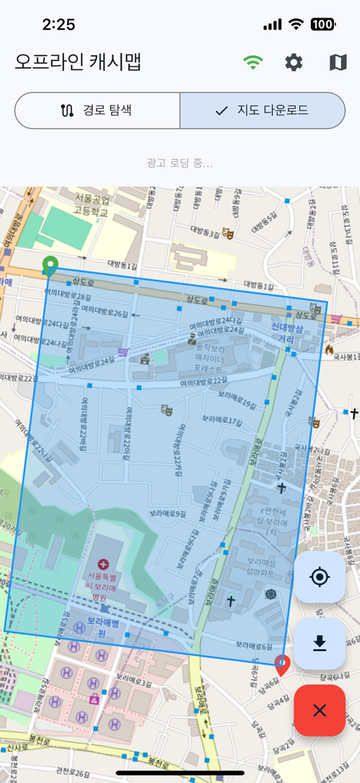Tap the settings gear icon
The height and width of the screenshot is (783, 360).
[294, 63]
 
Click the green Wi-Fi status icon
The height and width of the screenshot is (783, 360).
[252, 63]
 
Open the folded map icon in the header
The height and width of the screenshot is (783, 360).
[338, 63]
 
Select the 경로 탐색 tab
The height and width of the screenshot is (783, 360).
[97, 110]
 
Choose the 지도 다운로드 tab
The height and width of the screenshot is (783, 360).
[262, 110]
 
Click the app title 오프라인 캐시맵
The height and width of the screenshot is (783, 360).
[78, 62]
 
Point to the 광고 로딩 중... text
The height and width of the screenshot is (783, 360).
[180, 163]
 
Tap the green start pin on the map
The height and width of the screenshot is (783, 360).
[50, 265]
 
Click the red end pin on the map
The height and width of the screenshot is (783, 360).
[282, 664]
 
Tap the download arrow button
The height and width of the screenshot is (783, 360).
[319, 644]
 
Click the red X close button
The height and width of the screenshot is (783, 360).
[319, 710]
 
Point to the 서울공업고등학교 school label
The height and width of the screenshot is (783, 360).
[92, 205]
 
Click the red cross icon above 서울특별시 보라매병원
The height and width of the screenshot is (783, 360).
[103, 563]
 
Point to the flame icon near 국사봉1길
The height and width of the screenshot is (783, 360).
[329, 349]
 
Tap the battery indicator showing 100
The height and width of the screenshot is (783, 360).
[323, 24]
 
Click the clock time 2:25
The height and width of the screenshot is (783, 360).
[58, 24]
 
